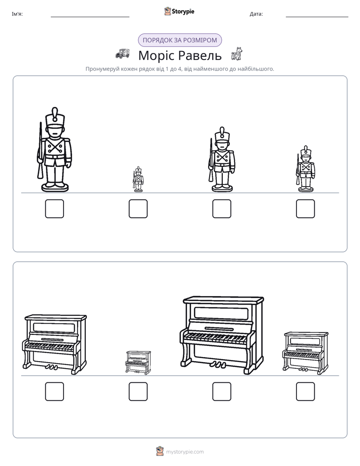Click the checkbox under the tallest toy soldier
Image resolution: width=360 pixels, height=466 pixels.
[54, 209]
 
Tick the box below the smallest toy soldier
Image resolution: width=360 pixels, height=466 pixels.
[138, 209]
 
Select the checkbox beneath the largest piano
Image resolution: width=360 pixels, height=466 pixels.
[221, 391]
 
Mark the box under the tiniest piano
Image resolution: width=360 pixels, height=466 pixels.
[138, 391]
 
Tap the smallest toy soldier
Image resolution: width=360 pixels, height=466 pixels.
[138, 179]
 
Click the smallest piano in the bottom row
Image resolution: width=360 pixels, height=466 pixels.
[138, 362]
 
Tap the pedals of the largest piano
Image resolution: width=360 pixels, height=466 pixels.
[217, 364]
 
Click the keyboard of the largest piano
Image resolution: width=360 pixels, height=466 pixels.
[216, 338]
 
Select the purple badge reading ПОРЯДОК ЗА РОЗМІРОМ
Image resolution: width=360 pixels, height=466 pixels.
[179, 40]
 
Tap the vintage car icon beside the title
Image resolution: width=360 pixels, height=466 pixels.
[123, 53]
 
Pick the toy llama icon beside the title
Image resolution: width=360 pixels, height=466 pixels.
[237, 54]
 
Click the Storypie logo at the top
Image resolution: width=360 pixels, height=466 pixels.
[179, 12]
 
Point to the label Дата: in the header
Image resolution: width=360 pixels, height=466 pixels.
[256, 14]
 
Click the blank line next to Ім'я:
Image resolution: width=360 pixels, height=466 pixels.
[90, 17]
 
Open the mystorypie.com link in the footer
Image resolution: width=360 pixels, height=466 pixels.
[185, 452]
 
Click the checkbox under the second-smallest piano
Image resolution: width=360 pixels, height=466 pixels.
[306, 391]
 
